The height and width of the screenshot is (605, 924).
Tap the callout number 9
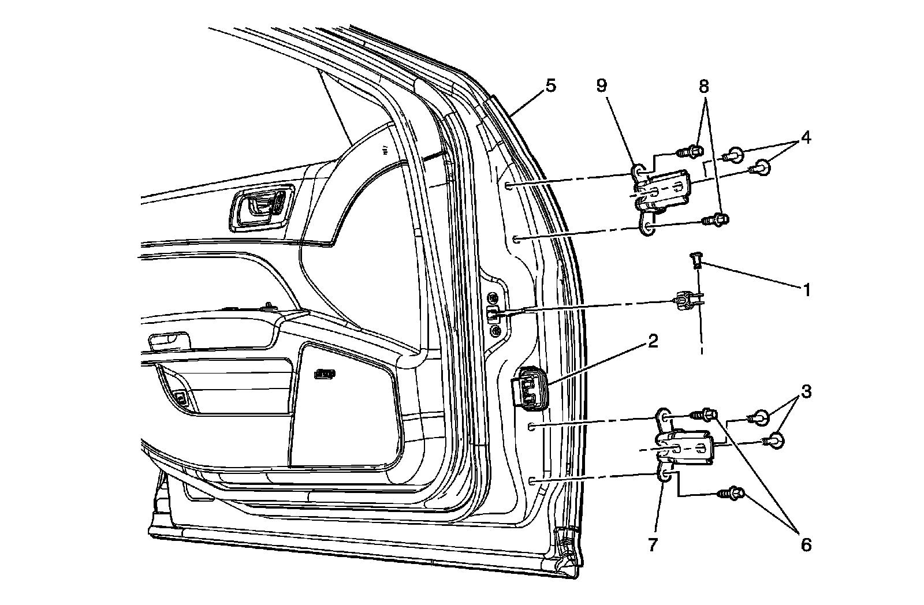602,87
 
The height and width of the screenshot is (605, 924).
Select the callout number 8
703,87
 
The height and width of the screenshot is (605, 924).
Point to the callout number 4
804,139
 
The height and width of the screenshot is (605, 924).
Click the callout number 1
807,290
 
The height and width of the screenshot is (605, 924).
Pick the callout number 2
653,341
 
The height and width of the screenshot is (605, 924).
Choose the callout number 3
806,391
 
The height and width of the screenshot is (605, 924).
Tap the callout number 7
653,544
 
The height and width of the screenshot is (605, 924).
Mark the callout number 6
805,544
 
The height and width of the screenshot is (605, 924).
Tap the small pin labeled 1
696,262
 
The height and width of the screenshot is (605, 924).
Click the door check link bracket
684,301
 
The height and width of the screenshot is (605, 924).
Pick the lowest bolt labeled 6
731,494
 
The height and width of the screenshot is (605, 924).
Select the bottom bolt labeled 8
716,219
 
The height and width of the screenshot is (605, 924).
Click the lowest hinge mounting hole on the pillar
532,480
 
